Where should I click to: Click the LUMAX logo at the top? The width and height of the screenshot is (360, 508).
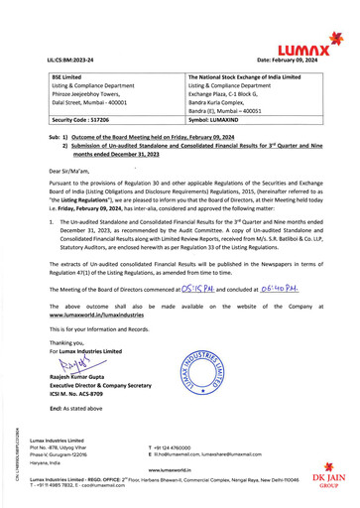[302, 47]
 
